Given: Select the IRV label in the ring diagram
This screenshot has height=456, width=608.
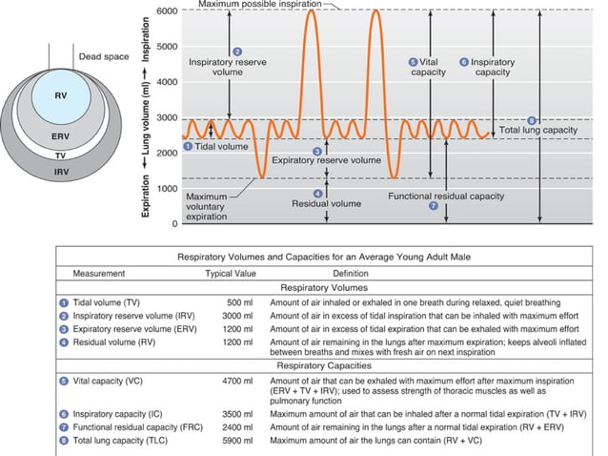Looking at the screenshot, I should [59, 170].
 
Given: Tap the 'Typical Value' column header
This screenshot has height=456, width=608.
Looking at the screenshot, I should [233, 273].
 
